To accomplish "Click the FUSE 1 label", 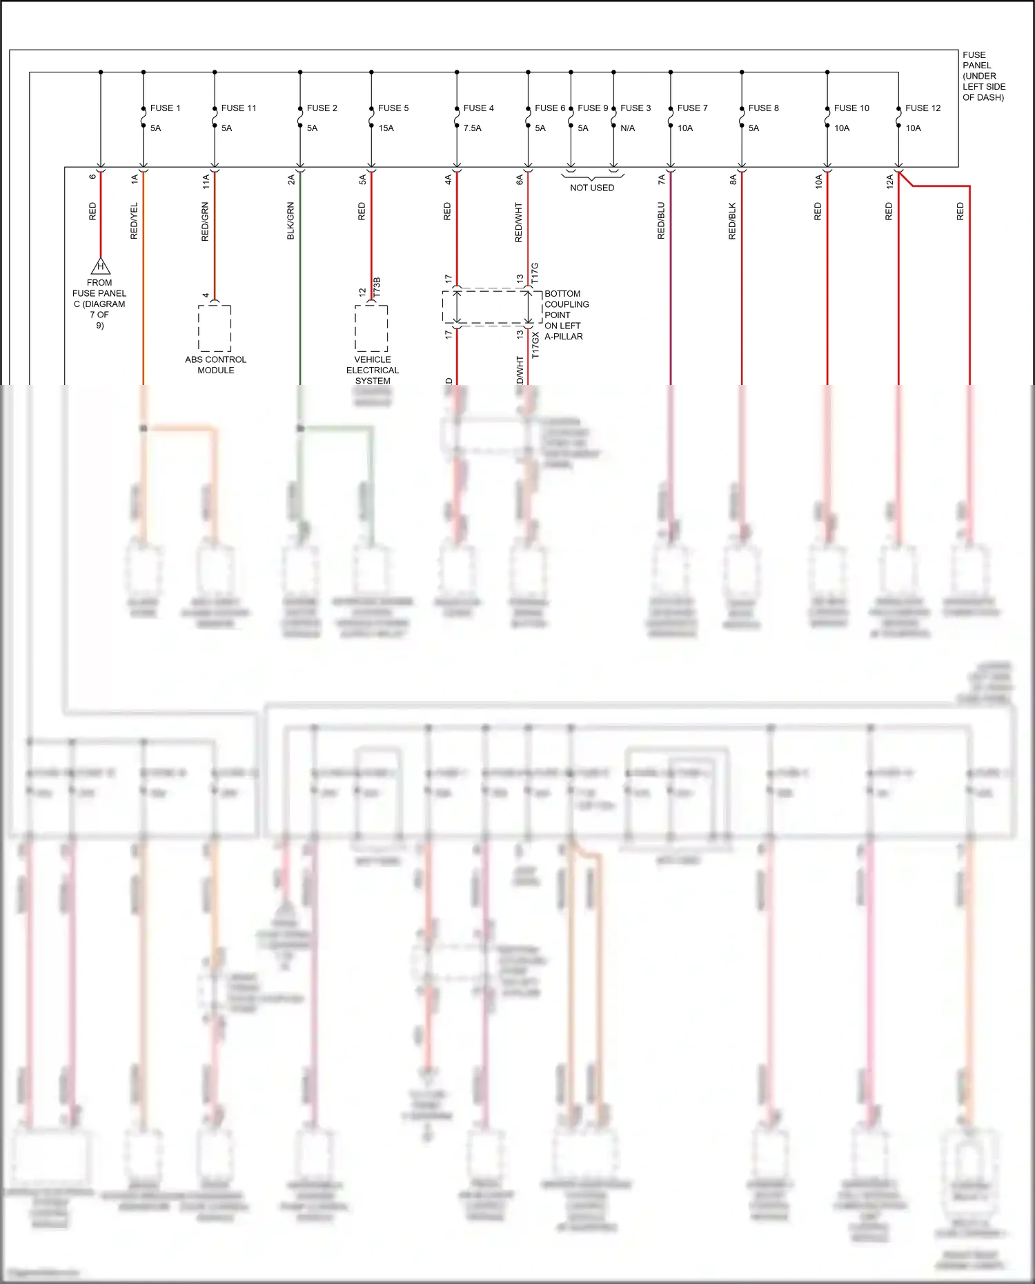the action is (165, 108).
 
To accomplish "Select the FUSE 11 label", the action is (239, 108).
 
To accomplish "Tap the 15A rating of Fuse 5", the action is (386, 128).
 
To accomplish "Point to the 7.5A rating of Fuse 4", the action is (472, 128).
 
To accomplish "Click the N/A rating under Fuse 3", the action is (627, 128).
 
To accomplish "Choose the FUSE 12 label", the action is (923, 108).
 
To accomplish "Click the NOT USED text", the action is (592, 188).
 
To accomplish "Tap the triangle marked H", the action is (101, 266).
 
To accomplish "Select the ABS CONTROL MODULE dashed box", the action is (215, 328).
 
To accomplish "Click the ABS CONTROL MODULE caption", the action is (215, 365).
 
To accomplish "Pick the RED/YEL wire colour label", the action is (134, 221).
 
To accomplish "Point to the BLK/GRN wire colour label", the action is (290, 221).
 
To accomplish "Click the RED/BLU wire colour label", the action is (661, 221).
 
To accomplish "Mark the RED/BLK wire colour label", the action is (732, 221).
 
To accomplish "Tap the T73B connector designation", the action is (377, 288).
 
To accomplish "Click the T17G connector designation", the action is (535, 273).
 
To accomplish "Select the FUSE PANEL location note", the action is (983, 76).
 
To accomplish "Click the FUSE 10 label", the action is (851, 108).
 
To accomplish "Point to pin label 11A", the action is (206, 181).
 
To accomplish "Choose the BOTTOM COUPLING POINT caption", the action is (566, 315).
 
